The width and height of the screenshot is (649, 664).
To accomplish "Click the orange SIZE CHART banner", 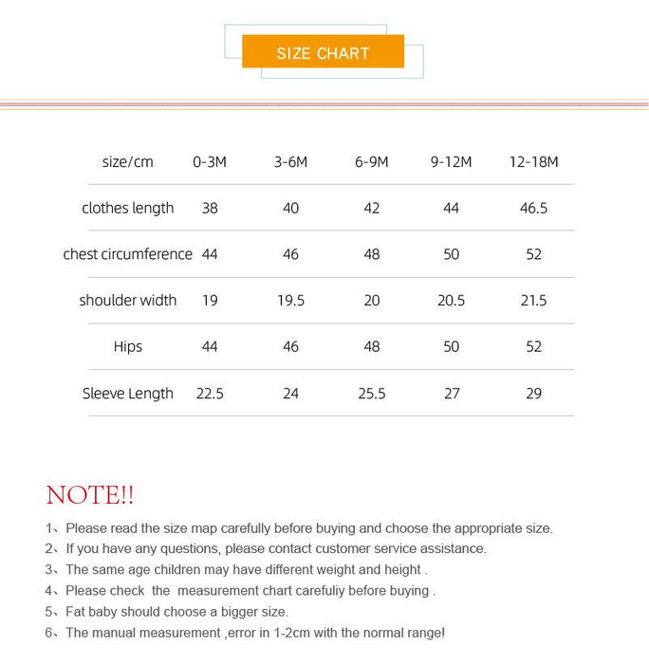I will [323, 52].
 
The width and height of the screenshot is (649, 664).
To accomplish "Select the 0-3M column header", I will [210, 162].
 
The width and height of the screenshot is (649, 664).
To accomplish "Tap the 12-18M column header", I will [533, 162].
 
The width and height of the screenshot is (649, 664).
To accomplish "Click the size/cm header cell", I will [127, 162].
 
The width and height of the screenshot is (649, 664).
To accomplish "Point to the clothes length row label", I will [127, 208].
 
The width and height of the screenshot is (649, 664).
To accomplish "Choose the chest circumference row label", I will [127, 254].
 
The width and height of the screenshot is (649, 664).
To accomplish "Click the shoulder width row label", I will [127, 300].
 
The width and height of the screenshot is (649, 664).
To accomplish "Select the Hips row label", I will [127, 346].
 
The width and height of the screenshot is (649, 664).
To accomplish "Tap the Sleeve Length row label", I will [127, 393].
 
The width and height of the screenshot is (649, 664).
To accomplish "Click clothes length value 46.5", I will [533, 208].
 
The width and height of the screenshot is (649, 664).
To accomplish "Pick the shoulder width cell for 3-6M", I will [290, 300].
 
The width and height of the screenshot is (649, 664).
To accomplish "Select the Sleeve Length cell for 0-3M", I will [210, 393].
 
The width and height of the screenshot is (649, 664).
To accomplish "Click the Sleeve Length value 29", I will [533, 393].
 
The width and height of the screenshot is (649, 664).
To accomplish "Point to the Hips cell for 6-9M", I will [371, 346].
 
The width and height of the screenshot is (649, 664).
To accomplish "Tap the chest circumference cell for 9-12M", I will [451, 254].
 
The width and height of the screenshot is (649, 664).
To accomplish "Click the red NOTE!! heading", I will [90, 495].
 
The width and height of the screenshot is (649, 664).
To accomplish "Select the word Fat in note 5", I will [78, 612].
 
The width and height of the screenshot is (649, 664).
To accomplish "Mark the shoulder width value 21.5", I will [533, 300].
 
